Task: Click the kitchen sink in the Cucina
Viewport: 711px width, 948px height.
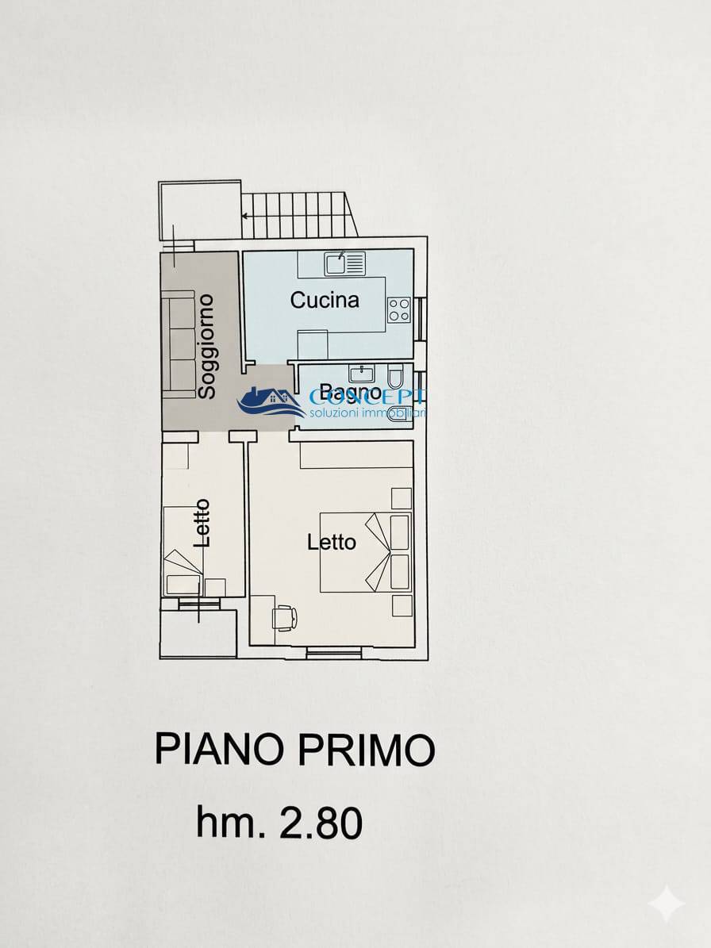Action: click(344, 262)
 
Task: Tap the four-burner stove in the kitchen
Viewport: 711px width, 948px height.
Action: click(399, 310)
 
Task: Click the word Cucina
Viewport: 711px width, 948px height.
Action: click(325, 300)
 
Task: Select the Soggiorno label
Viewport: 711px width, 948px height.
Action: click(206, 346)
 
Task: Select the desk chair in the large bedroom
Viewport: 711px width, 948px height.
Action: click(284, 616)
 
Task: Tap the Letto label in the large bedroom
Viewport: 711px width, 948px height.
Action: click(332, 543)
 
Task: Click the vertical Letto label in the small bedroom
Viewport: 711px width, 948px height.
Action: click(202, 523)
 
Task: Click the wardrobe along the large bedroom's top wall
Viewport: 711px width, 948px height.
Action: click(355, 456)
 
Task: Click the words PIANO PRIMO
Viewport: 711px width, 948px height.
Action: click(295, 749)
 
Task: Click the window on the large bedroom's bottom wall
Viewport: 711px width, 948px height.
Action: click(334, 652)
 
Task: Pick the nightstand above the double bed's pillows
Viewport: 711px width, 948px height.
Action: click(402, 498)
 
